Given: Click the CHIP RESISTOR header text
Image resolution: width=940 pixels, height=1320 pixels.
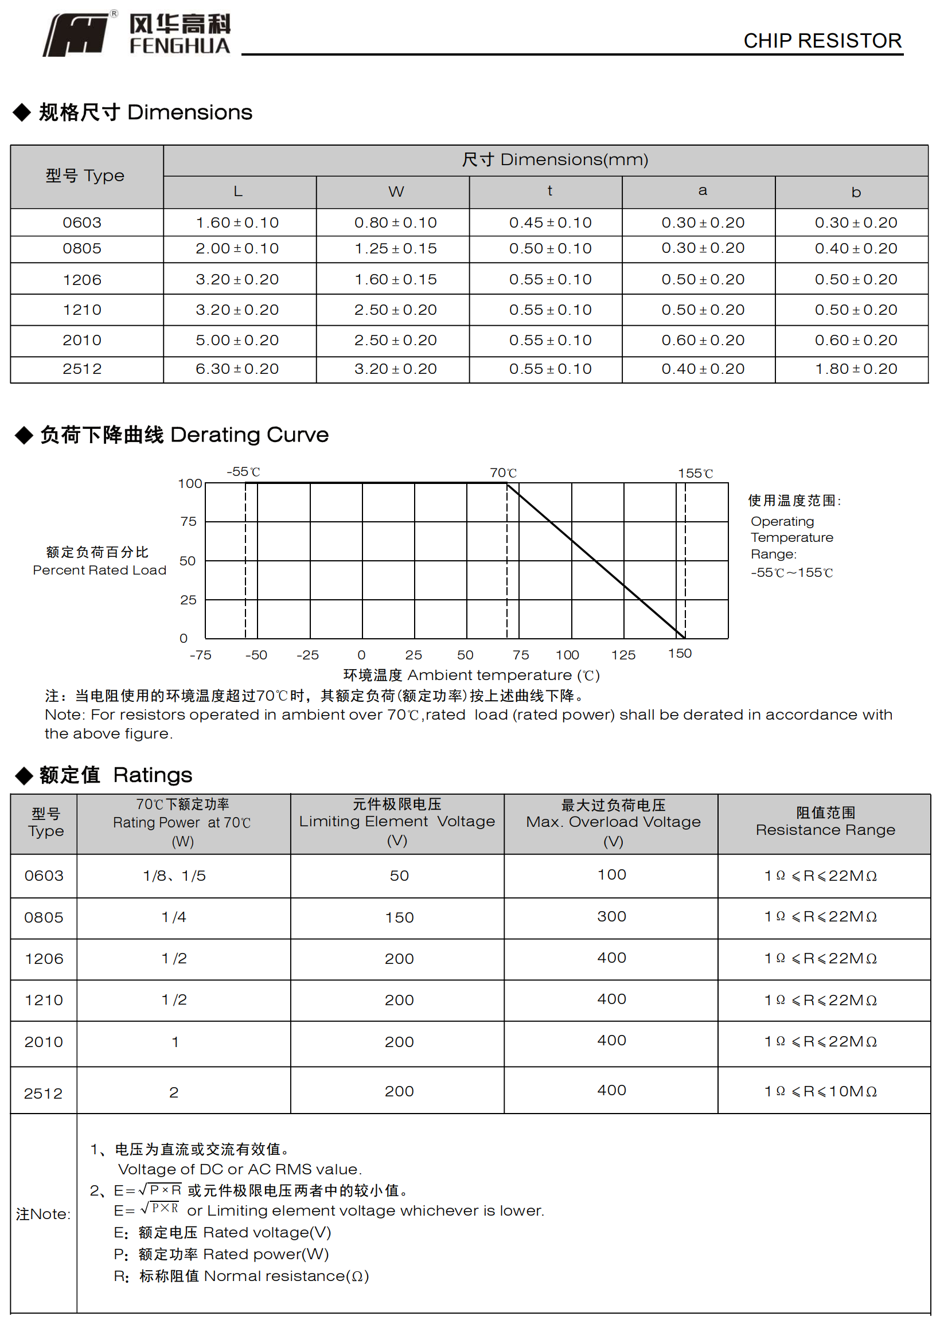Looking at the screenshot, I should tap(822, 41).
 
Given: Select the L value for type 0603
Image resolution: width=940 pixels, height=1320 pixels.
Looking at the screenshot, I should tap(237, 223).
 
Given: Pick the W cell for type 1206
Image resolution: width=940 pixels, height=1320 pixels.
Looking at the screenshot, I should tap(395, 279).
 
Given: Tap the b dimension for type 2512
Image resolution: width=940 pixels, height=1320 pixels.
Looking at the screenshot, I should tap(856, 369).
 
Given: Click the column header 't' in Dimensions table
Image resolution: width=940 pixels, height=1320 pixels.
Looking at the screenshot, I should tap(549, 191).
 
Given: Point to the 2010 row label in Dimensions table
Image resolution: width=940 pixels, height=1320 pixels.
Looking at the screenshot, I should tap(82, 340).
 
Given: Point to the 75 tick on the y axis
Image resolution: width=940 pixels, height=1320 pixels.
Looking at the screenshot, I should tap(188, 521).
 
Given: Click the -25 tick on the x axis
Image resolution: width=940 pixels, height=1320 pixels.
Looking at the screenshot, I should tap(307, 655).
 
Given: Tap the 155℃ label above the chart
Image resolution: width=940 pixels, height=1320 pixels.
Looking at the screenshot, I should tap(695, 474).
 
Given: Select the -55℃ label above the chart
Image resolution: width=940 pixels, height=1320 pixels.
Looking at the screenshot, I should tap(243, 472).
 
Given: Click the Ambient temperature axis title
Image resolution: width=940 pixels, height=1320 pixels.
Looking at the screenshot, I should tap(471, 675).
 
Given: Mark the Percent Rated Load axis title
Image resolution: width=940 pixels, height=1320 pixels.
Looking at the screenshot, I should tap(99, 570).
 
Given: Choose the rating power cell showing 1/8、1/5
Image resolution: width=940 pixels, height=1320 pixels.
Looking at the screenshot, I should tap(174, 876).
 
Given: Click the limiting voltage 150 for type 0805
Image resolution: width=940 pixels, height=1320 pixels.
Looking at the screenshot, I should tap(399, 917).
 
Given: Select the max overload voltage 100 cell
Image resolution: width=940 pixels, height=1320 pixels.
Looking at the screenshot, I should tap(611, 874).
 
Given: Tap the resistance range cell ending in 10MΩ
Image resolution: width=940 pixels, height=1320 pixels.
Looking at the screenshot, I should tap(820, 1091).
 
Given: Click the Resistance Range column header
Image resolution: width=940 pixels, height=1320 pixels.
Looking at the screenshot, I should tap(825, 830).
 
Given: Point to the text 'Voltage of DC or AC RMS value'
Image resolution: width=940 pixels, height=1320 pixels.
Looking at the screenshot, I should tap(240, 1169).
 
